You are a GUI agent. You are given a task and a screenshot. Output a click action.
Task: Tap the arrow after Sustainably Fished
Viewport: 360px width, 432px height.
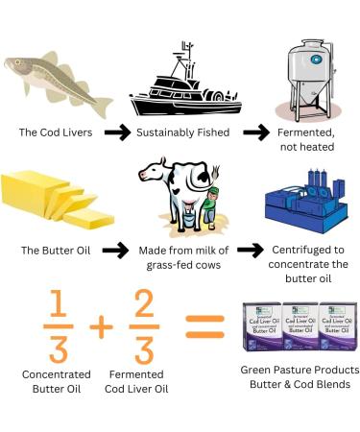[253, 132]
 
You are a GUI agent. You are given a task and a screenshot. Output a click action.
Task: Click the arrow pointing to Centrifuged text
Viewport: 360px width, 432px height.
[251, 252]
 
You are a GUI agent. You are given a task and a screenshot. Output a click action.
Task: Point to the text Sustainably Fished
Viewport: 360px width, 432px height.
[180, 132]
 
